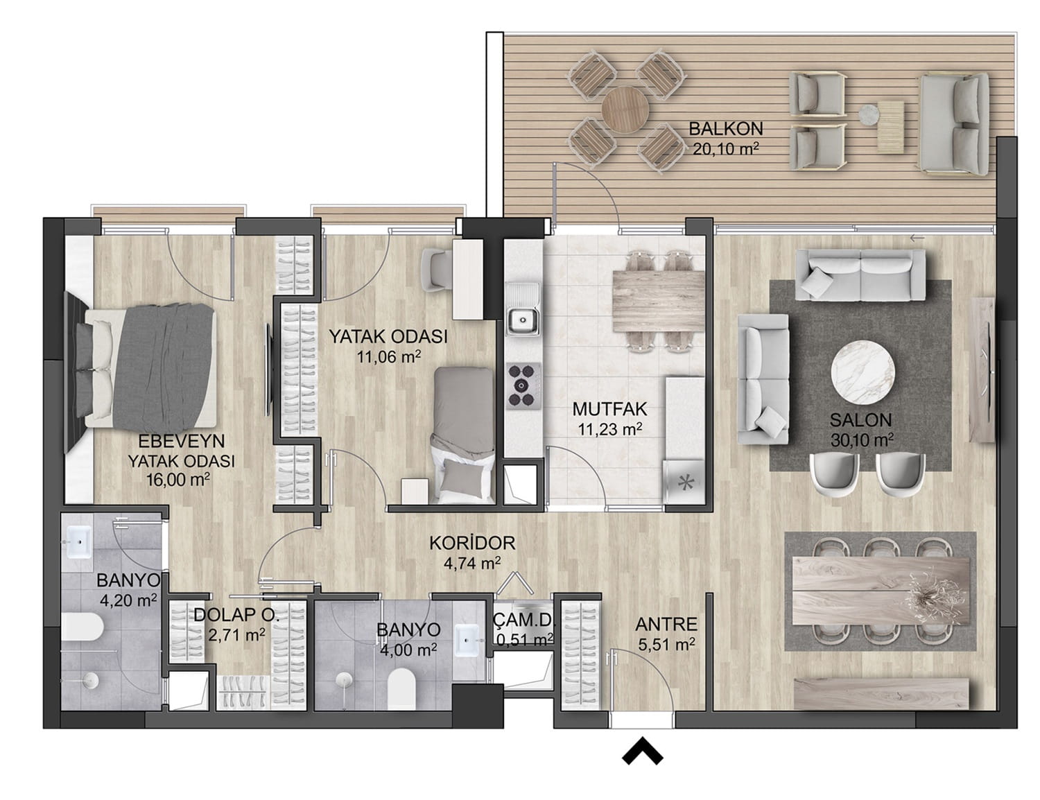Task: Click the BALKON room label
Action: pos(725,129)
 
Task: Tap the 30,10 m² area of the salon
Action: pos(862,440)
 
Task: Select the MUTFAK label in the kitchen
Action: pos(609,409)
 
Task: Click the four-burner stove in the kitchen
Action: pos(523,385)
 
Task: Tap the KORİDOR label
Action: pos(472,543)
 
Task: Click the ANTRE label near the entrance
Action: pos(666,625)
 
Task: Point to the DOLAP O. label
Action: pos(236,615)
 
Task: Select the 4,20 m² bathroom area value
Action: pos(128,600)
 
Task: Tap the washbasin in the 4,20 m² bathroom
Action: pos(79,543)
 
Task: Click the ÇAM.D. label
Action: pos(523,620)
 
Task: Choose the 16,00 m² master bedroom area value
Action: pos(178,480)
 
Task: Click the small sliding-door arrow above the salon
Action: pos(917,238)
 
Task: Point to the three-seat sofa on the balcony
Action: pos(953,123)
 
